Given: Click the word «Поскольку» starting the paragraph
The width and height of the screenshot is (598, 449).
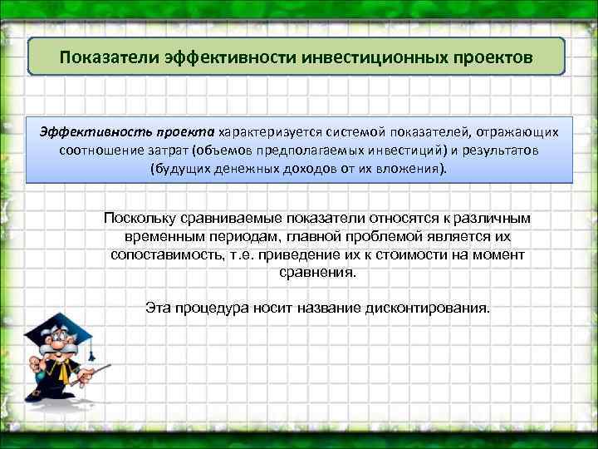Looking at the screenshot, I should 140,218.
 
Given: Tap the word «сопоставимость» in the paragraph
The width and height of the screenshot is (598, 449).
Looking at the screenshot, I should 164,254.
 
